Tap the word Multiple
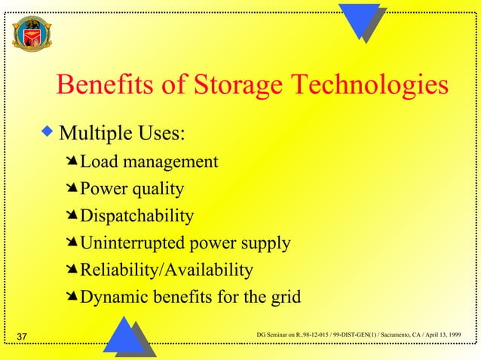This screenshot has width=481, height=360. point(93,136)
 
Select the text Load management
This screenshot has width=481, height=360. point(149,162)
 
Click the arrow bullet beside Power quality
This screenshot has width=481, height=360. point(72,189)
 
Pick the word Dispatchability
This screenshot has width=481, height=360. point(136,216)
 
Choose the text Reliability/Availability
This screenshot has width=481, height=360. point(167,270)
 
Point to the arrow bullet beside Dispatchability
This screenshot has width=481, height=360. point(72,216)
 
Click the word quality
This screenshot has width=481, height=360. point(160,190)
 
